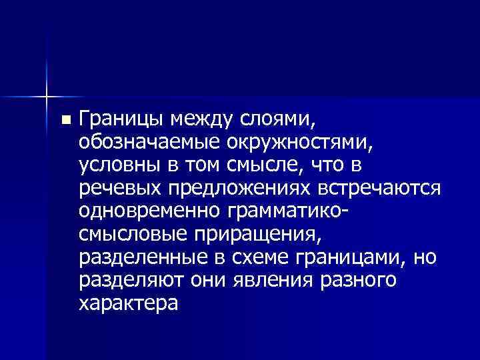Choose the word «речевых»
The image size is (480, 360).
pyautogui.click(x=117, y=189)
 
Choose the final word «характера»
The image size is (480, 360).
pyautogui.click(x=128, y=303)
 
